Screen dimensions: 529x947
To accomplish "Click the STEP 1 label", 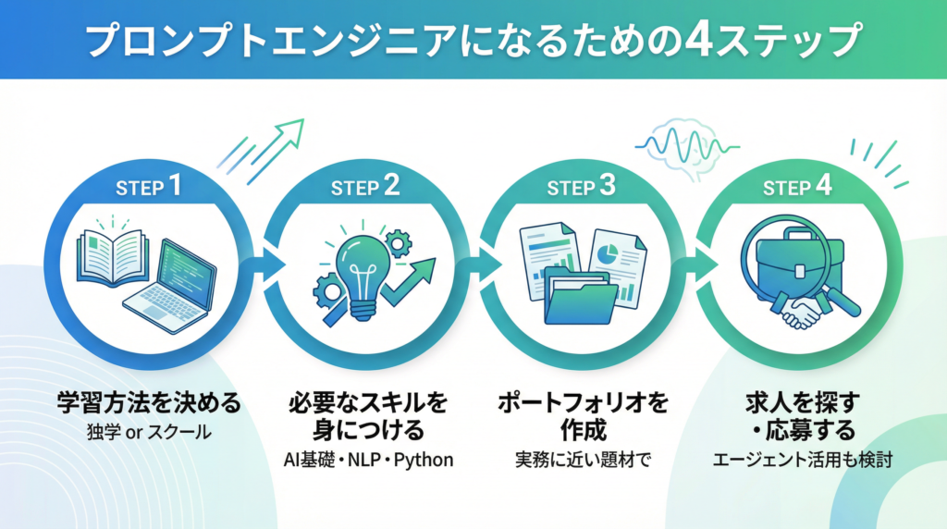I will tap(148, 188).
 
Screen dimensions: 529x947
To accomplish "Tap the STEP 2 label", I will tap(364, 188).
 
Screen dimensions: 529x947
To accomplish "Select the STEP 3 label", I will tap(580, 188).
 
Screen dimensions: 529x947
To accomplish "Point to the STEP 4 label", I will tap(796, 188).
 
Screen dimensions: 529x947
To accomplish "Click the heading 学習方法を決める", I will tap(148, 403).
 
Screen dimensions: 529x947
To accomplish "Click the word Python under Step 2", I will tap(424, 460).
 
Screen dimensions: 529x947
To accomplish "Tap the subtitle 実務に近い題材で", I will tap(581, 460).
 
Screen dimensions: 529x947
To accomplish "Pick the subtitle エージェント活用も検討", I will tap(797, 460).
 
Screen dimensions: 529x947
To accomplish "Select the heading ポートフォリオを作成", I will tap(581, 417).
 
